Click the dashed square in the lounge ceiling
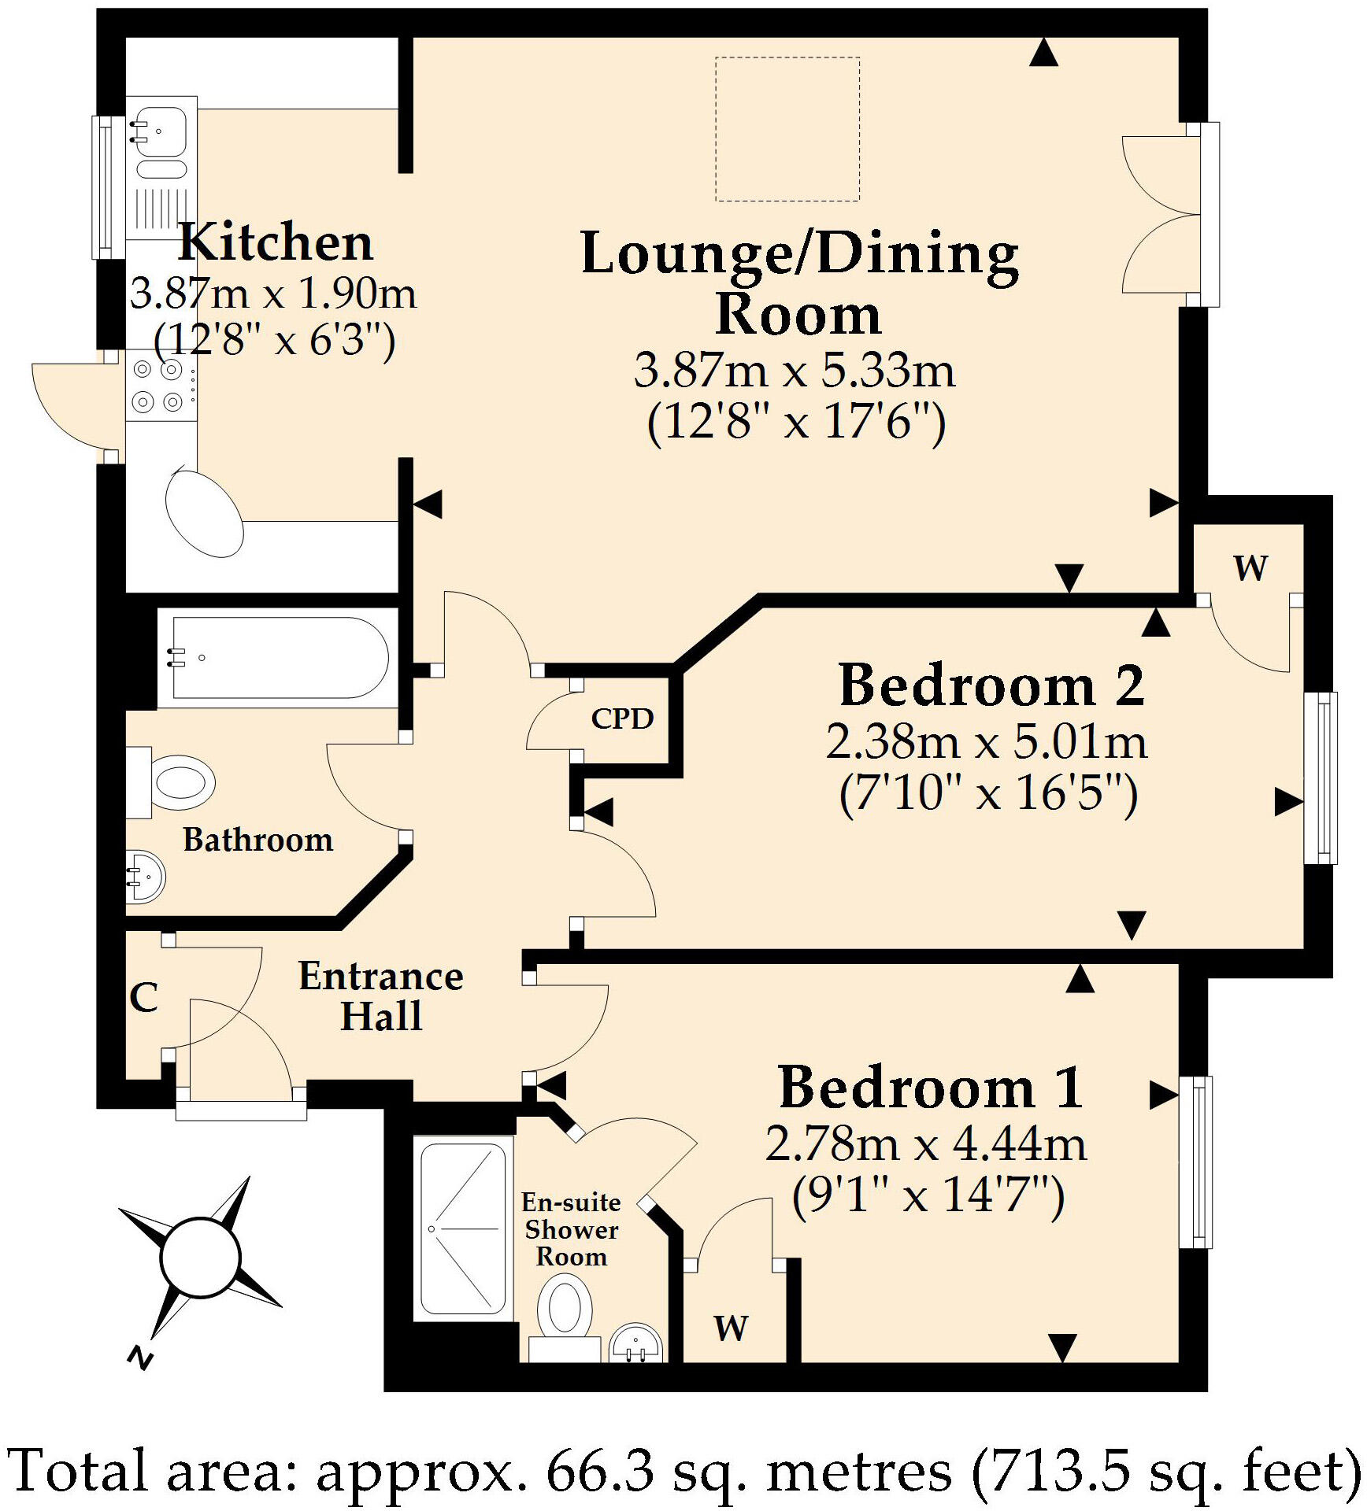click(x=787, y=129)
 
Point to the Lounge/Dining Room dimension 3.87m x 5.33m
click(x=795, y=370)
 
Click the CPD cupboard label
click(x=622, y=719)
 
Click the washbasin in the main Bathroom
click(x=146, y=875)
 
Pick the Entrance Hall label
click(x=381, y=996)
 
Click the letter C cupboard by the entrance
click(x=144, y=998)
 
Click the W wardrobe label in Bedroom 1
click(x=731, y=1328)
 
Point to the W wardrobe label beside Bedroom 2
click(x=1250, y=567)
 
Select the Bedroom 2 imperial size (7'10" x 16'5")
click(x=988, y=793)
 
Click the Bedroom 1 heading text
click(x=931, y=1088)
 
